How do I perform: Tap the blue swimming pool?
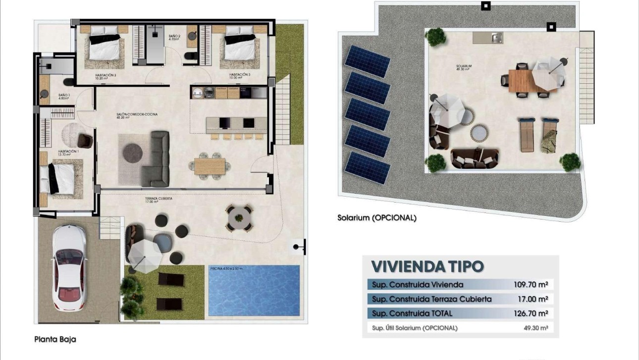[254, 291]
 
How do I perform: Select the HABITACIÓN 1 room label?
[68, 153]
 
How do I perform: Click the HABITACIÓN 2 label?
[105, 76]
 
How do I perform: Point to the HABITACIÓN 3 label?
[239, 76]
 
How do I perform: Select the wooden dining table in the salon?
[210, 166]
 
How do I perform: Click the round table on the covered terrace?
[239, 217]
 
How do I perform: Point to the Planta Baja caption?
[55, 340]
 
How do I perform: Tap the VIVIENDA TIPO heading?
[427, 266]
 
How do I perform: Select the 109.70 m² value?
[531, 285]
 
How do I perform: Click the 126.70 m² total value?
[531, 313]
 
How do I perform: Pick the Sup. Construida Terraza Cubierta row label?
[431, 299]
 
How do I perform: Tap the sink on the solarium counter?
[495, 37]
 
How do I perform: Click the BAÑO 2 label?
[174, 39]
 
